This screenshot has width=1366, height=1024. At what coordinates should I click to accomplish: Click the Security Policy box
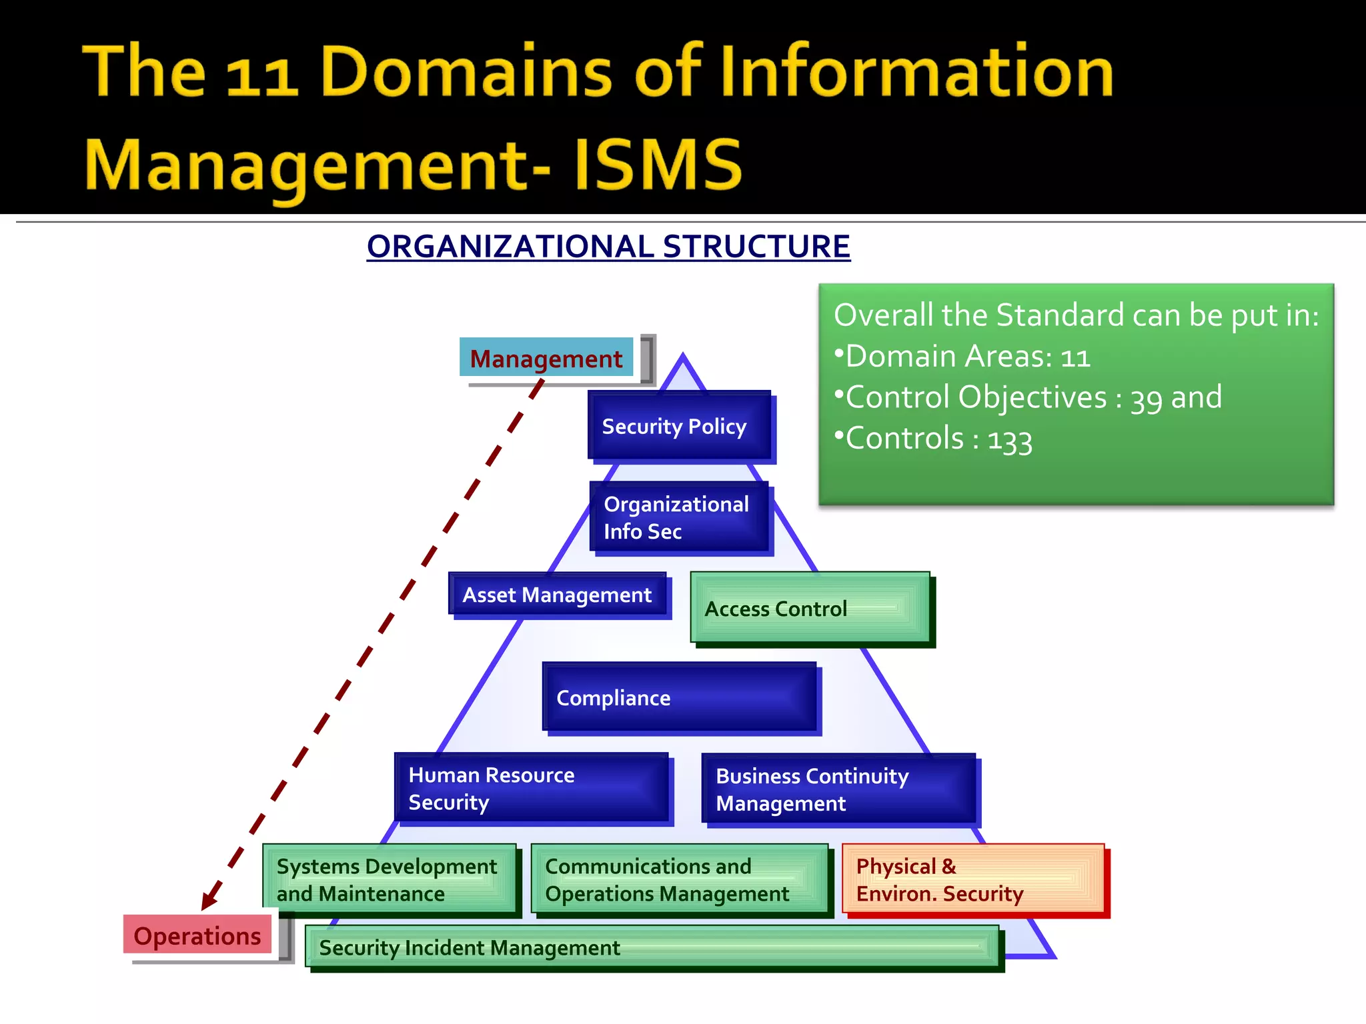pyautogui.click(x=679, y=425)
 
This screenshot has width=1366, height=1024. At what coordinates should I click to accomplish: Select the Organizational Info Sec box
pyautogui.click(x=679, y=517)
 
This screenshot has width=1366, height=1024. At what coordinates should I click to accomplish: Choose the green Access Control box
pyautogui.click(x=810, y=607)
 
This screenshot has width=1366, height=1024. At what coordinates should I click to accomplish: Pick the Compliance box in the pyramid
pyautogui.click(x=680, y=697)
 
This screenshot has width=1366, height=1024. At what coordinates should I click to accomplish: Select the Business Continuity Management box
pyautogui.click(x=838, y=789)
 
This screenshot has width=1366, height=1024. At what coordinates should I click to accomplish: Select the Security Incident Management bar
pyautogui.click(x=652, y=947)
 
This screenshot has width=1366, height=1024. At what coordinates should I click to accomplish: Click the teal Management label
pyautogui.click(x=546, y=358)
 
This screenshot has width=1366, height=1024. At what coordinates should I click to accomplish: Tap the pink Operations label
pyautogui.click(x=197, y=935)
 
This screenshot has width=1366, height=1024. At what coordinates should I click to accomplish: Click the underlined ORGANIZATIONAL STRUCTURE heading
pyautogui.click(x=608, y=247)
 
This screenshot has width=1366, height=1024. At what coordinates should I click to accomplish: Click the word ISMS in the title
pyautogui.click(x=657, y=165)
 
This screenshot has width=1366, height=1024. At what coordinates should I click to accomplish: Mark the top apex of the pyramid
pyautogui.click(x=682, y=355)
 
